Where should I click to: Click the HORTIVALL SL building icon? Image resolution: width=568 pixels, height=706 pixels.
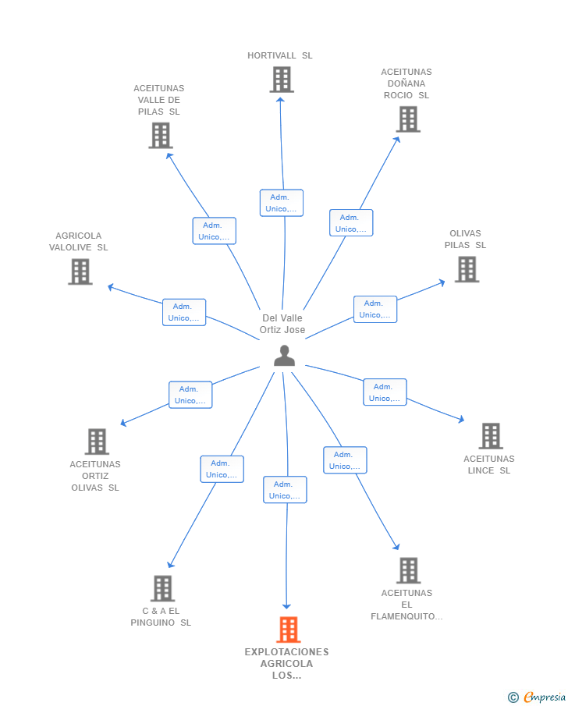(x=282, y=80)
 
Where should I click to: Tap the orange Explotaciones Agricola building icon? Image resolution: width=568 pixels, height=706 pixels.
(x=288, y=630)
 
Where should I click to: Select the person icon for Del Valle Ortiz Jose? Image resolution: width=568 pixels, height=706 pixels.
(x=284, y=356)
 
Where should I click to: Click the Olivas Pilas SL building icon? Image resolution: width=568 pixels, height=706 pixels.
(x=467, y=269)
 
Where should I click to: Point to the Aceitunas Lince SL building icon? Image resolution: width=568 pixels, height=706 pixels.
(x=491, y=436)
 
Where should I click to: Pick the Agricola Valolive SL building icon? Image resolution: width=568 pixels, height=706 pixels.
(x=80, y=271)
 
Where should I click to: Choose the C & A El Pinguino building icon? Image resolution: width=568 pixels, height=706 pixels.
(x=162, y=588)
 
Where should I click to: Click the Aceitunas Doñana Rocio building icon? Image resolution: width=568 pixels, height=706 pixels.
(x=408, y=119)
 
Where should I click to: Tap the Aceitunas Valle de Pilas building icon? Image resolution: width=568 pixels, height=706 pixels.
(x=161, y=136)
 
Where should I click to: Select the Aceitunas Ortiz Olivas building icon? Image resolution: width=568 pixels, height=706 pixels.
(x=97, y=442)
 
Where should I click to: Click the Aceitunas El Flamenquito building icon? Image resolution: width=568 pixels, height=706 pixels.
(x=409, y=570)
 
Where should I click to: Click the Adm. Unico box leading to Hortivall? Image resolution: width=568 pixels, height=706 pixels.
(x=282, y=203)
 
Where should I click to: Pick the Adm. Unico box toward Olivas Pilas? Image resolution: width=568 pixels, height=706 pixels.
(x=375, y=310)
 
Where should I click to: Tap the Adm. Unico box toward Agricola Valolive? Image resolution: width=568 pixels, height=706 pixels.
(x=184, y=312)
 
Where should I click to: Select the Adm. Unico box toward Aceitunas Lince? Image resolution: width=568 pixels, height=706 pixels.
(x=385, y=392)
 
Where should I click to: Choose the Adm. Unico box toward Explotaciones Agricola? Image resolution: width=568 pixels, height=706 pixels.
(x=285, y=490)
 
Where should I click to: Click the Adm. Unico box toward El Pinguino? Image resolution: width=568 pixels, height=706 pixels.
(x=222, y=469)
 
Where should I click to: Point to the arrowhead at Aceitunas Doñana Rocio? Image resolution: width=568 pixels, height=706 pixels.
(x=396, y=140)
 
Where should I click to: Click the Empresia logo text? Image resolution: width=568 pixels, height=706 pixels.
(x=545, y=697)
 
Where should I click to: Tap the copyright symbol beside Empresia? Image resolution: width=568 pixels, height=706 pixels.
(x=513, y=697)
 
